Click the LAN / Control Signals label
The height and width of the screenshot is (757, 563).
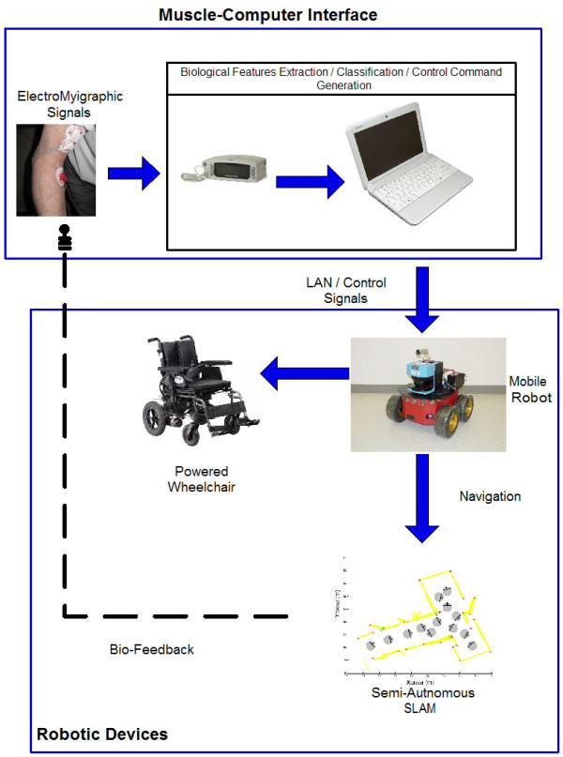click(x=345, y=289)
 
